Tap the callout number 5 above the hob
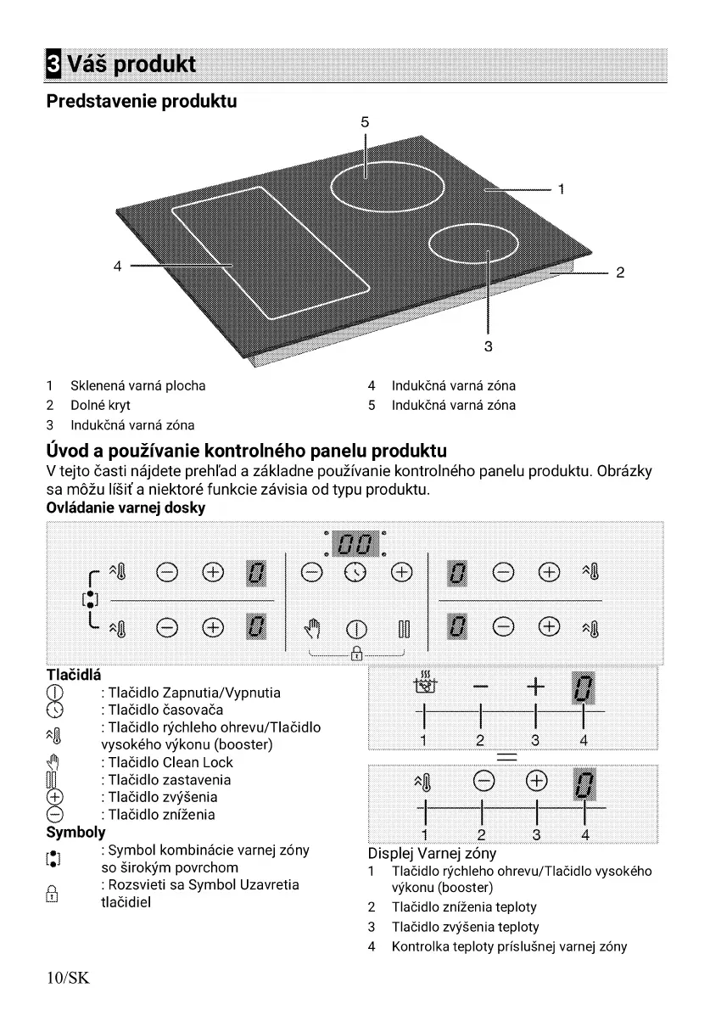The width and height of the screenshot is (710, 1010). click(365, 122)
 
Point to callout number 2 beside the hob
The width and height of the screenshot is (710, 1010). click(620, 273)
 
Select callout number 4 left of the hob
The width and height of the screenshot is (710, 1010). click(119, 267)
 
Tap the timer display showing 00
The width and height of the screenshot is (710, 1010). click(355, 542)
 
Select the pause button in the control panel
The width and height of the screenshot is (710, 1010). click(404, 631)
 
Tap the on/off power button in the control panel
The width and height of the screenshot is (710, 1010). click(356, 631)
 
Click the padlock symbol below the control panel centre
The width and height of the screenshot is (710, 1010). click(356, 654)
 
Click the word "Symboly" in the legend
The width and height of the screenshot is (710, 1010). click(75, 832)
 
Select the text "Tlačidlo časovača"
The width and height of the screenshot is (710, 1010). click(157, 710)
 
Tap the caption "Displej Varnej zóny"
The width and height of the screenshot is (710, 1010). click(432, 853)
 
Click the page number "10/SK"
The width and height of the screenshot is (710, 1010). click(67, 979)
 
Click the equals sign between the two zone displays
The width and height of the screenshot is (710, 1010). click(513, 757)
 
